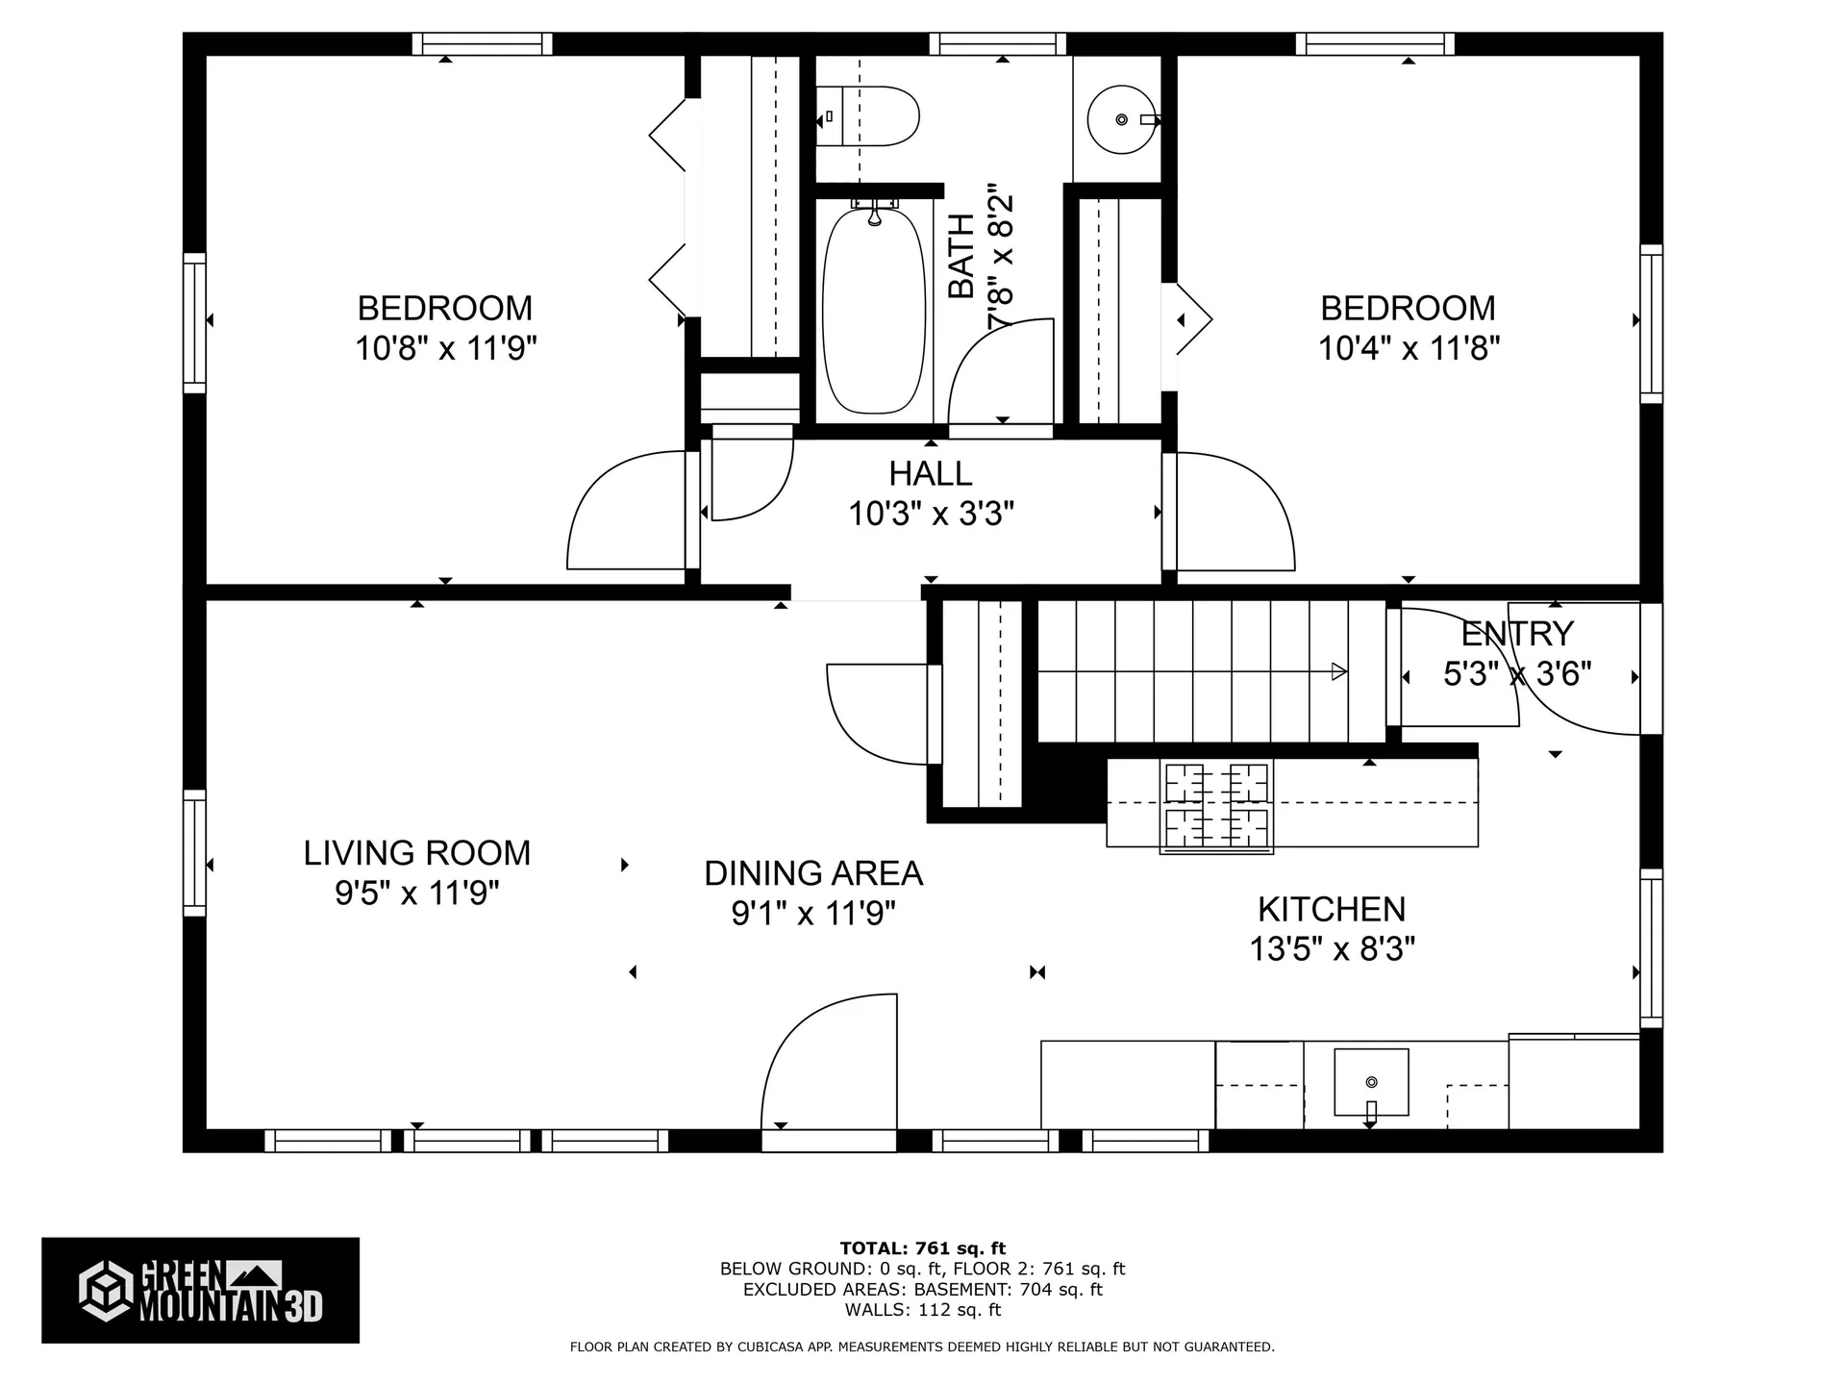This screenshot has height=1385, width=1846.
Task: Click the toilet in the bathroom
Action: [870, 116]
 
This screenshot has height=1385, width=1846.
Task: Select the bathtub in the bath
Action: [874, 310]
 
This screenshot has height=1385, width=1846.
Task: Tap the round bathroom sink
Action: [1120, 119]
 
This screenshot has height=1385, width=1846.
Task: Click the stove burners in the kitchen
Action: [1216, 806]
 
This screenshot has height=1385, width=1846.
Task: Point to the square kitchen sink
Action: [1371, 1082]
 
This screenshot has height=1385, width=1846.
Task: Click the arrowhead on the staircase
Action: [1338, 672]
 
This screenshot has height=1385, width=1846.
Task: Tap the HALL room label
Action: [930, 473]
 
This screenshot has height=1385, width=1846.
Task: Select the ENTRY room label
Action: [1516, 634]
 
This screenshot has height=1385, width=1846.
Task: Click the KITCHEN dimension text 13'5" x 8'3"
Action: [1332, 949]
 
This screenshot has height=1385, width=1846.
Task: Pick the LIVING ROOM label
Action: [416, 853]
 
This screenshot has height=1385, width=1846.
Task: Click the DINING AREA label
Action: [813, 873]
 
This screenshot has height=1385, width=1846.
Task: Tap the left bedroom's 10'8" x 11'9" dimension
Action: [445, 347]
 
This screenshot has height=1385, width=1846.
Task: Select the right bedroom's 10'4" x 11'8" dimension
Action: [1408, 347]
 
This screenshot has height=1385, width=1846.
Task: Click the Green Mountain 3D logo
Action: [200, 1290]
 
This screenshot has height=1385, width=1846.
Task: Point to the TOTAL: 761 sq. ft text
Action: [922, 1248]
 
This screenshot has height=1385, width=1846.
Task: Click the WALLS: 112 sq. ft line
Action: [922, 1310]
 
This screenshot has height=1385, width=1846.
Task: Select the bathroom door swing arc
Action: [1000, 370]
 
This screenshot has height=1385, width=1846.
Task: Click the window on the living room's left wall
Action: [194, 852]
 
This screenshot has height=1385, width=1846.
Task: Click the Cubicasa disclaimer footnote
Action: [922, 1347]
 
